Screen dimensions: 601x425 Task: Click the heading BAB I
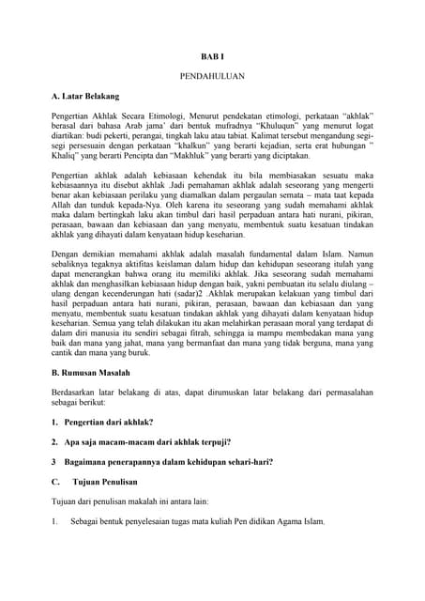coord(212,56)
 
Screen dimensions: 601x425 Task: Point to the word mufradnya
coord(221,124)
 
